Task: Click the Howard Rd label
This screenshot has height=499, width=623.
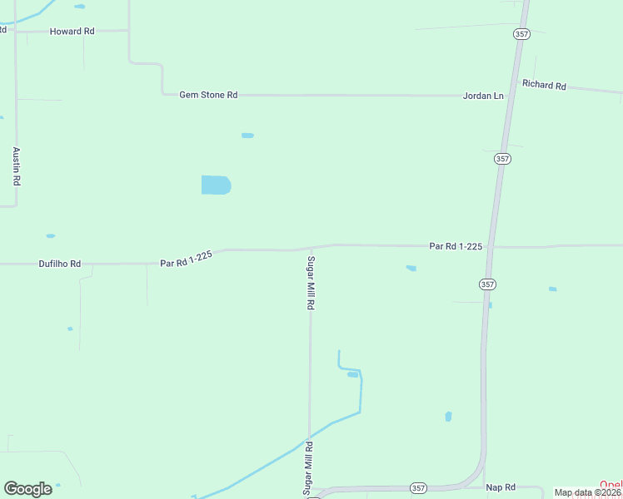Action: click(x=72, y=31)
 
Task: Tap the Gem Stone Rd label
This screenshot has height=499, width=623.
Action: click(x=208, y=95)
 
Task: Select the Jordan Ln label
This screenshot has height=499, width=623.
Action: click(x=483, y=96)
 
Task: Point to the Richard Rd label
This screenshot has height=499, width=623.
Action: click(x=544, y=85)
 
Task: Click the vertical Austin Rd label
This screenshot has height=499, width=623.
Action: click(x=16, y=165)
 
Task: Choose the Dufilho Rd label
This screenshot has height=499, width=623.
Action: click(x=60, y=264)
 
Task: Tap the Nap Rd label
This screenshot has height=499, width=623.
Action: click(x=501, y=487)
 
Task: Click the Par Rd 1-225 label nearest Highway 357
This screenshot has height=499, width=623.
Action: click(x=456, y=246)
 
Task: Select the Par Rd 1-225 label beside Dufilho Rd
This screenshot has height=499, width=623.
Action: click(x=187, y=259)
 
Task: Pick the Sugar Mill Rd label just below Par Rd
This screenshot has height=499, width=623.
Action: click(x=310, y=283)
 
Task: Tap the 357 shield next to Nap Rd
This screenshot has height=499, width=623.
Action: click(x=418, y=487)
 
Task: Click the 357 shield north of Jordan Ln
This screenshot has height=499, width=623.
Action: click(x=521, y=34)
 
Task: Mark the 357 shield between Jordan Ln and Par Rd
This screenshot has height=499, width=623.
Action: click(x=501, y=158)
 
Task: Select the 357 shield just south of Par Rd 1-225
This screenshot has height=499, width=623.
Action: click(x=487, y=284)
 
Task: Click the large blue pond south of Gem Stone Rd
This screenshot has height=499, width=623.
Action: click(x=216, y=185)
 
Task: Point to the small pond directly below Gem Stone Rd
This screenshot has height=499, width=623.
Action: click(x=247, y=135)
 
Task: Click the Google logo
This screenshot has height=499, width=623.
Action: click(x=27, y=489)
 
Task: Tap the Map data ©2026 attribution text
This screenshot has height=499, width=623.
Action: click(x=588, y=492)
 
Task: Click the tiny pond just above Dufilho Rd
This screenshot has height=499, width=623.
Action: click(x=51, y=235)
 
